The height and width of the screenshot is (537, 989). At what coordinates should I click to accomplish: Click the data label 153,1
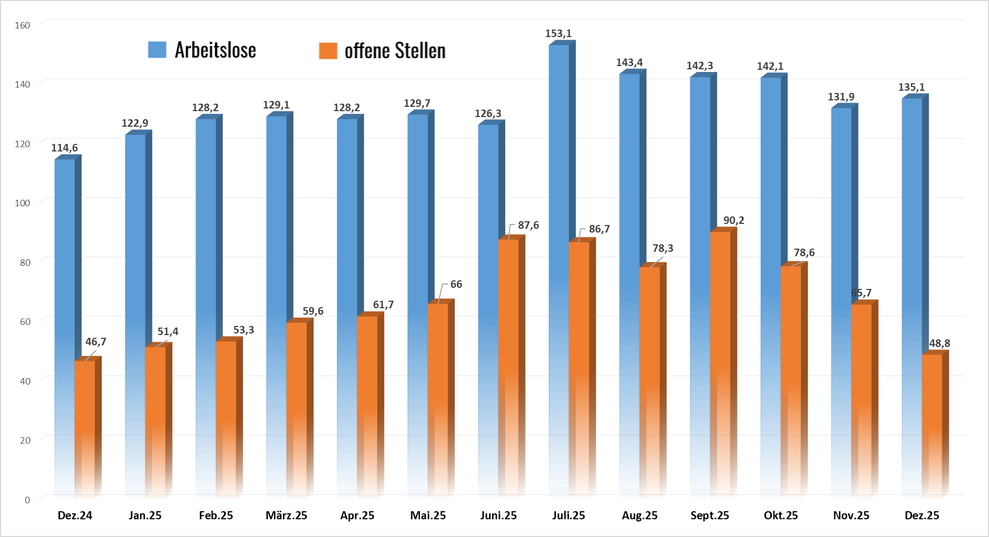[x=558, y=33]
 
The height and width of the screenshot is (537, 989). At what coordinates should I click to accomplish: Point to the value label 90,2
[x=734, y=220]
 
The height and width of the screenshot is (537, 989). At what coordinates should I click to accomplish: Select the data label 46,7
[x=96, y=342]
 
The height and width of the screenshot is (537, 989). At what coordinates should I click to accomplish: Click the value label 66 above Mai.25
[x=456, y=284]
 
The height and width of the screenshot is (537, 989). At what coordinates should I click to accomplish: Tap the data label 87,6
[x=528, y=225]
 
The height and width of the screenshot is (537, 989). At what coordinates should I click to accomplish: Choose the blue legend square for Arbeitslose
[x=157, y=49]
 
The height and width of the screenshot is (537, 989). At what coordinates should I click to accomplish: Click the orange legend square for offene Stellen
[x=328, y=50]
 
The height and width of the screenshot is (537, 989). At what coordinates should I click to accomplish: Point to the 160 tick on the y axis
[x=23, y=25]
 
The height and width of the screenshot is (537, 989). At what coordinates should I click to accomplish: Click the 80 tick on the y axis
[x=25, y=262]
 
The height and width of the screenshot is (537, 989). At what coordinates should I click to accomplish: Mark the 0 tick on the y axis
[x=27, y=499]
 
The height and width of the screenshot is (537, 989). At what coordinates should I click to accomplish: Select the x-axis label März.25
[x=286, y=516]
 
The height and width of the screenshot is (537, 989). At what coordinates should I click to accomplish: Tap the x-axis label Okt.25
[x=781, y=516]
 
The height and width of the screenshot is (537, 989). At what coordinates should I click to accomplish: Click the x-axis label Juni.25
[x=498, y=516]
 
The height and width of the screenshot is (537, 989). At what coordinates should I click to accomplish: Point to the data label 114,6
[x=64, y=148]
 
